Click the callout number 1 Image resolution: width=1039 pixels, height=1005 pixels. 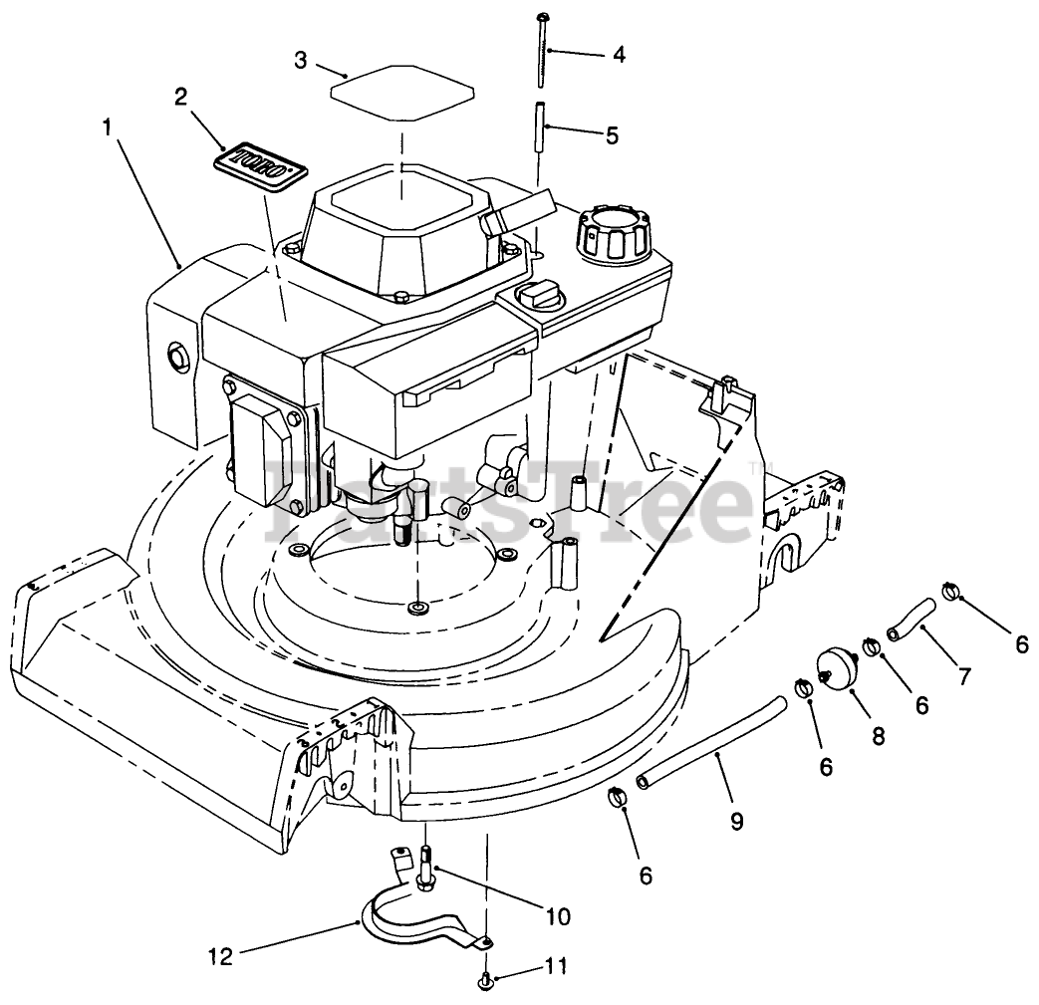[106, 126]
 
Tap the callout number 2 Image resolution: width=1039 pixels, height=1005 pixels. [180, 97]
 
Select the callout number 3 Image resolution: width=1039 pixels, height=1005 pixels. [300, 60]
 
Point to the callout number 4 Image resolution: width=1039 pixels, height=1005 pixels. [619, 55]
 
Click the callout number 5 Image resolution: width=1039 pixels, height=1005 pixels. [612, 134]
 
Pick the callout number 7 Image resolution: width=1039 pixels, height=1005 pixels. [963, 677]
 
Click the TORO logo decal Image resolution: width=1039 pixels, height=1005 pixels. [260, 164]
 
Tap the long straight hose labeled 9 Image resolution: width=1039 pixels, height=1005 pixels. [713, 742]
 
